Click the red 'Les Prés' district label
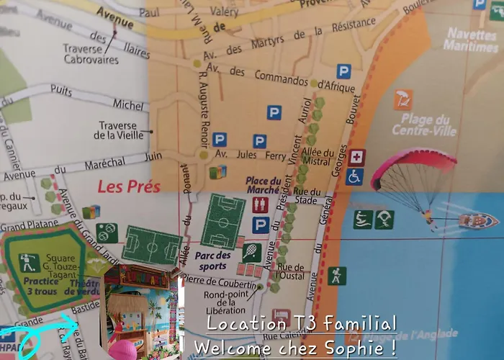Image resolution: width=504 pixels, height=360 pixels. (128, 187)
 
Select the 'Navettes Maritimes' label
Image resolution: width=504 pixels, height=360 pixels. (471, 40)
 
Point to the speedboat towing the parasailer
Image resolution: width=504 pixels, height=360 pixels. (477, 220)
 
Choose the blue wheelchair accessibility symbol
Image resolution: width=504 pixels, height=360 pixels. (354, 176)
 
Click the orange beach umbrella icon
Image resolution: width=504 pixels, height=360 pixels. (404, 99)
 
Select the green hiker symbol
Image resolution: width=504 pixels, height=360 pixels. (337, 276)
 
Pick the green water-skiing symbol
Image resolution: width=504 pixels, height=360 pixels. (363, 219)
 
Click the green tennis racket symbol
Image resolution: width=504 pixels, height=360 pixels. (251, 252)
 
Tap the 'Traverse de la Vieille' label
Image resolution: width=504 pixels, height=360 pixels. (118, 130)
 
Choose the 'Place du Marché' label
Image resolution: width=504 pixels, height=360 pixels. (264, 186)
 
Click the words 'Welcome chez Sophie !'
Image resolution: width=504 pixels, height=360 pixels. (295, 347)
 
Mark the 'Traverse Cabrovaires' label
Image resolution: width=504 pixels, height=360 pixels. (89, 55)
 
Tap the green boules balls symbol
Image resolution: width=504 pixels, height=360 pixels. (107, 233)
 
